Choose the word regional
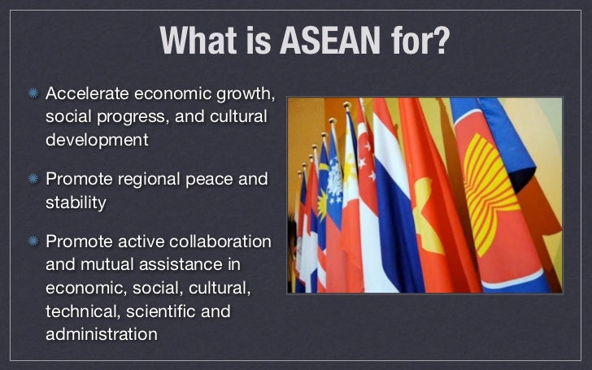[x=155, y=178]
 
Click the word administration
[x=101, y=334]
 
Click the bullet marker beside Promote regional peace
[x=33, y=178]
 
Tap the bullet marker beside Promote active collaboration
[x=33, y=242]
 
